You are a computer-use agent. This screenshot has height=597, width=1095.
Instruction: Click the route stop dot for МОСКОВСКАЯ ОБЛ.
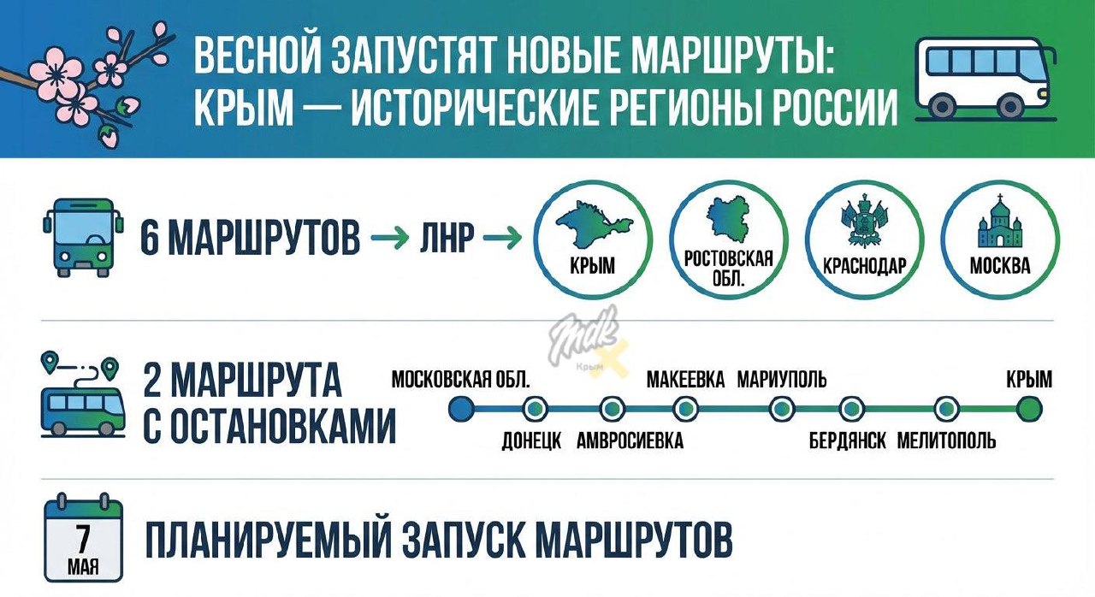coord(461,410)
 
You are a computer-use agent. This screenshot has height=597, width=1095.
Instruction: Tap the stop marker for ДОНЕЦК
coord(536,410)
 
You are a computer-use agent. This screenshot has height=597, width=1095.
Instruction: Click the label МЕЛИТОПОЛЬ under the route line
coord(946,441)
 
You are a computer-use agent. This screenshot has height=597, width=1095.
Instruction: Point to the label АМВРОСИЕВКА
coord(630,441)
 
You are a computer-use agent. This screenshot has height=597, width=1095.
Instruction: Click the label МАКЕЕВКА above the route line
coord(685,379)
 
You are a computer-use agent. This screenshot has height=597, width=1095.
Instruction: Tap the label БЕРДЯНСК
coord(847,441)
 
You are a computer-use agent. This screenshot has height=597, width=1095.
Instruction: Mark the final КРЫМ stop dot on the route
coord(1029,410)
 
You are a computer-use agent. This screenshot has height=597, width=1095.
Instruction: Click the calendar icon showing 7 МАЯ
coord(83,538)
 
